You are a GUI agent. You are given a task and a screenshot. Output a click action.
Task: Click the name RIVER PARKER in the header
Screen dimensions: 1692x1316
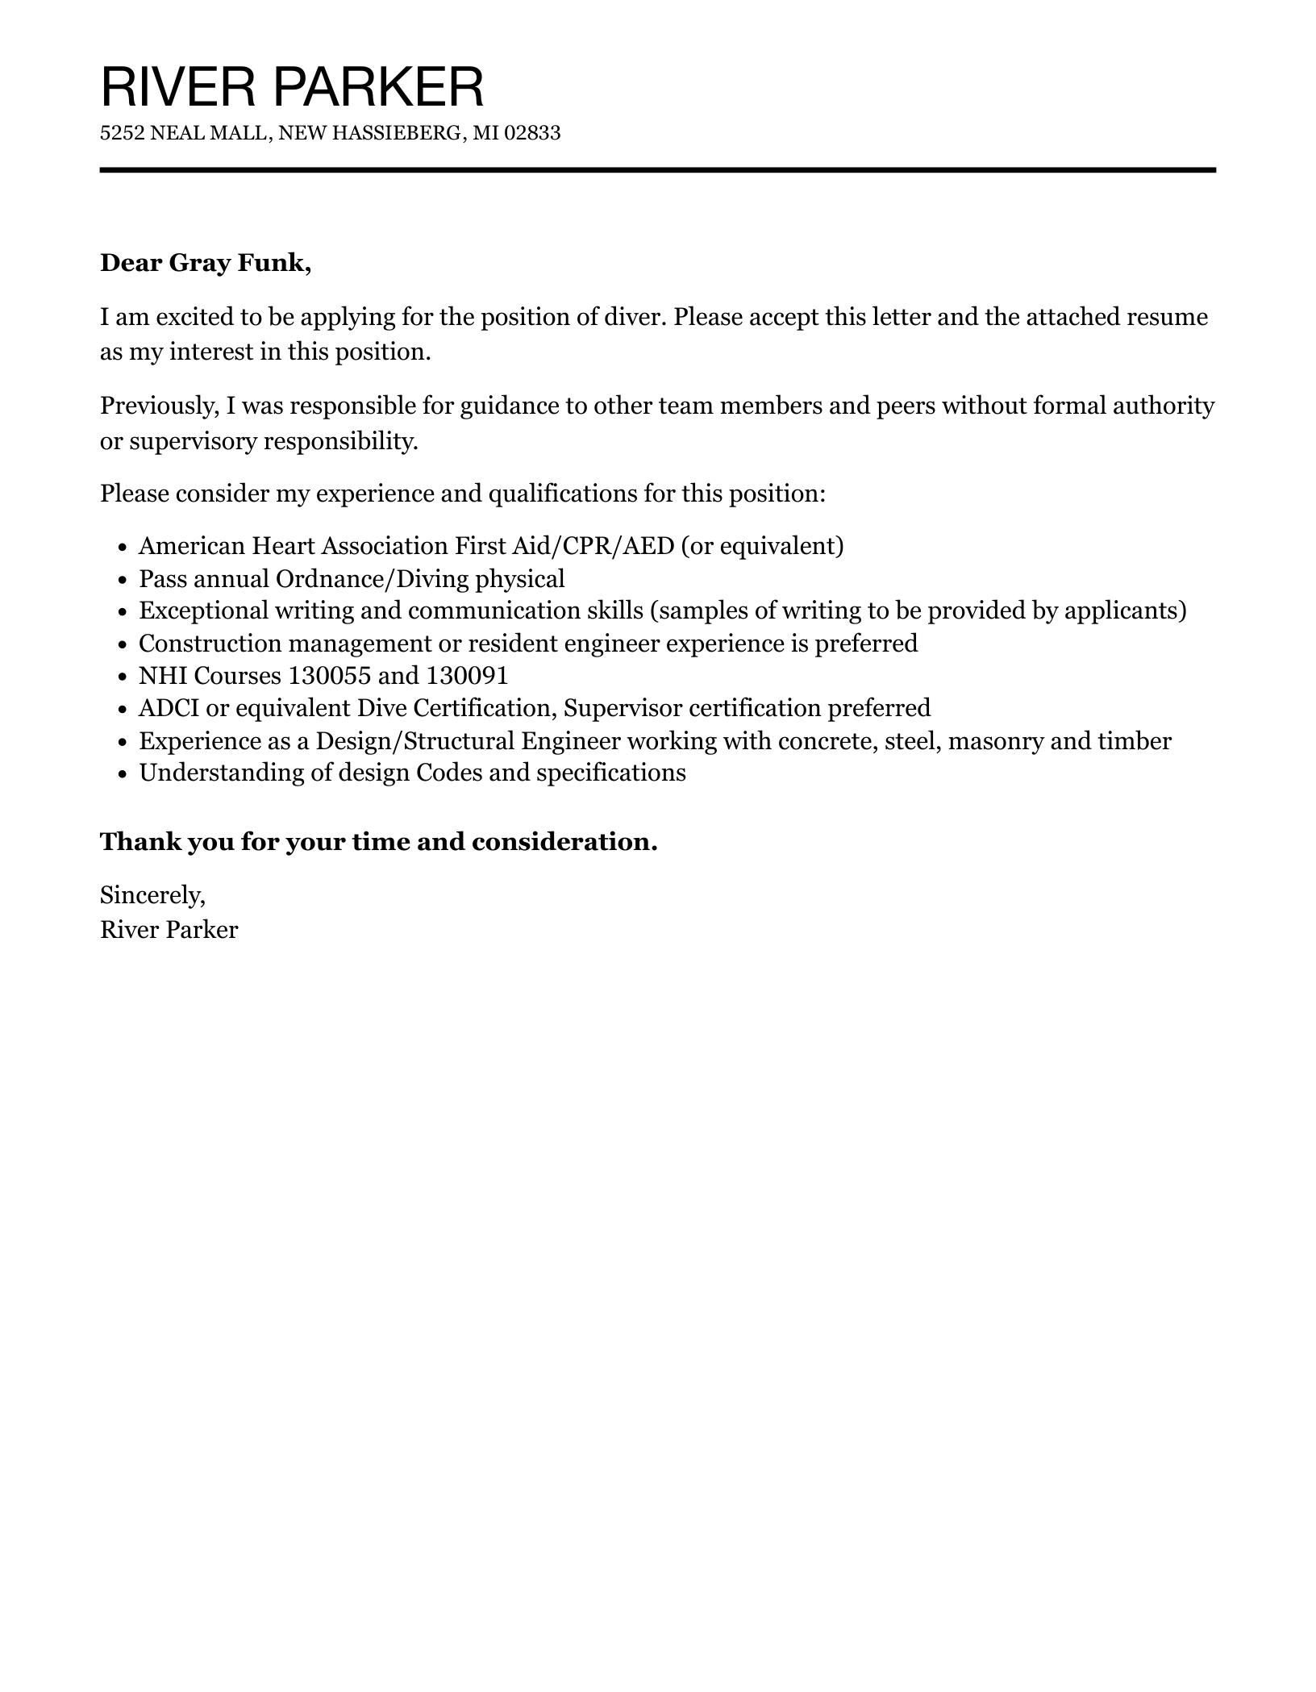click(292, 87)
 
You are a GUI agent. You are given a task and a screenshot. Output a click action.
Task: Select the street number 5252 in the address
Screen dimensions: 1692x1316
click(122, 133)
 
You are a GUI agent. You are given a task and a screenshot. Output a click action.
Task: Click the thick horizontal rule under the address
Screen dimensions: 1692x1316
click(657, 170)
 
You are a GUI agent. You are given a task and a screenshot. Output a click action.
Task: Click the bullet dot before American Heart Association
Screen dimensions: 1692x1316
click(123, 548)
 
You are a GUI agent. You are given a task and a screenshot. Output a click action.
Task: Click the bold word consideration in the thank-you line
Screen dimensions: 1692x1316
click(564, 842)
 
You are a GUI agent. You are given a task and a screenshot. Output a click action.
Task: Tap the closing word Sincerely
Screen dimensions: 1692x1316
click(152, 894)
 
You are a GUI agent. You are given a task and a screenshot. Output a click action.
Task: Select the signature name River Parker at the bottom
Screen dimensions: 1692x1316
click(169, 930)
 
